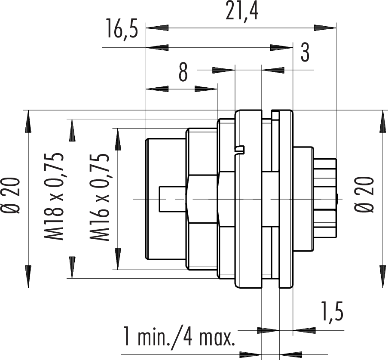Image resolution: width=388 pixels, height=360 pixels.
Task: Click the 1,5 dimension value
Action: [332, 311]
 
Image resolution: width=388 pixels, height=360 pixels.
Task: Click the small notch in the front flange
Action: [239, 149]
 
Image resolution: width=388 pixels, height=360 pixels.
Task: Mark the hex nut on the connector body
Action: [203, 199]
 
